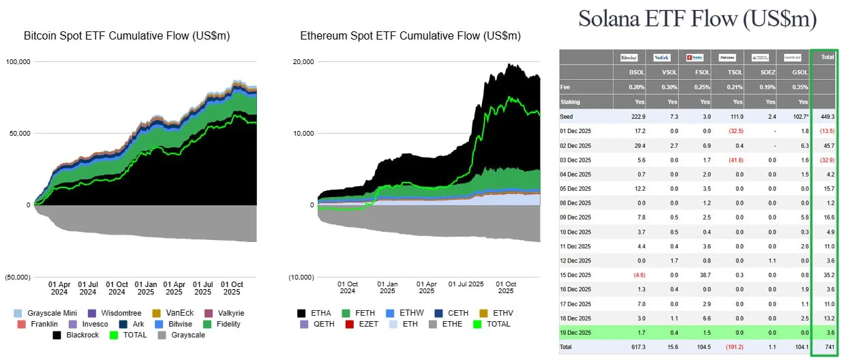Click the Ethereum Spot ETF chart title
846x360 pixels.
point(410,35)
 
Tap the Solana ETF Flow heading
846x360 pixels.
point(697,18)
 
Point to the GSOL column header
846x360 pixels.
point(791,72)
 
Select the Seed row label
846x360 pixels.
point(567,117)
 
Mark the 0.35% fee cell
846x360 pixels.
point(791,87)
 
